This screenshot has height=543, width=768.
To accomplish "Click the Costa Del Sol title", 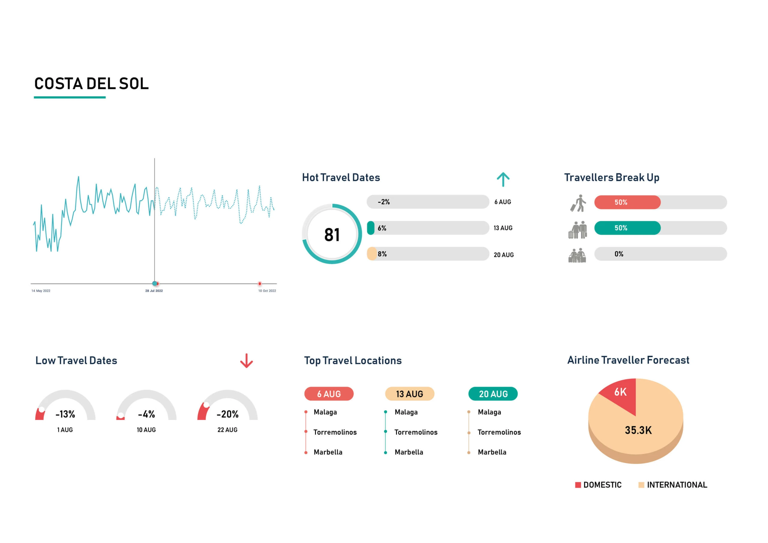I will (91, 84).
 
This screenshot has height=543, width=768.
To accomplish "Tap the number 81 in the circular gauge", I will (332, 235).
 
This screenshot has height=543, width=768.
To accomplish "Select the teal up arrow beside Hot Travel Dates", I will (503, 179).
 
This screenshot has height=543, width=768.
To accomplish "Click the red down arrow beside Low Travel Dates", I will (247, 361).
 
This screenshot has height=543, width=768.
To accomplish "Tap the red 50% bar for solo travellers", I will (627, 202).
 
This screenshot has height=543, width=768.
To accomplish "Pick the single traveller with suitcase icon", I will (578, 203).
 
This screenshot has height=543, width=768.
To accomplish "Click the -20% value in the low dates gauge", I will (227, 415).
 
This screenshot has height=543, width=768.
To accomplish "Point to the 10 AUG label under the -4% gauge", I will (146, 430).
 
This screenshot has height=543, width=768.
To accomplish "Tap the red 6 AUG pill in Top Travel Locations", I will (329, 394).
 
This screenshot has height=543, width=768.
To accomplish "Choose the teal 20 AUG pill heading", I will (493, 394).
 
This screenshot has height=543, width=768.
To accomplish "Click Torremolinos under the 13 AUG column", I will (416, 432).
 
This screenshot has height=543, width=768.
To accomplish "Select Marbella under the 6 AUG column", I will (328, 452).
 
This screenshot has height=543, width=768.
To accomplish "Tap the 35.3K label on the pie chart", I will (638, 430).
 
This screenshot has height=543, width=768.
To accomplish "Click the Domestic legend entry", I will (599, 485).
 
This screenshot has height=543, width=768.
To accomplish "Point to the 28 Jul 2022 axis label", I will (154, 291).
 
